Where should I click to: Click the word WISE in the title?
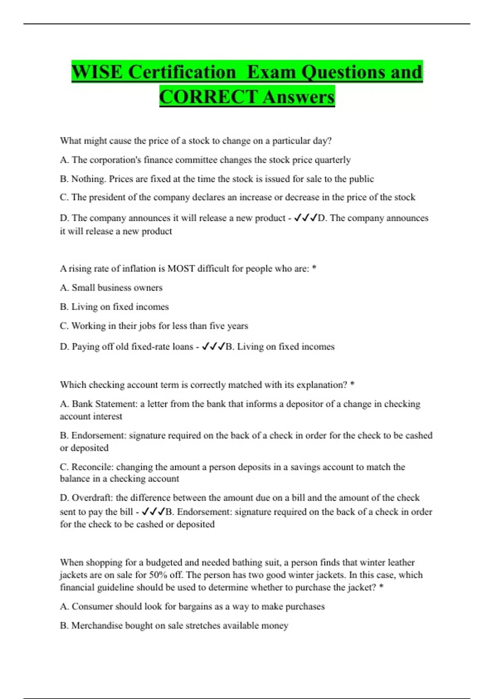point(97,72)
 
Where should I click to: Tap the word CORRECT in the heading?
point(208,97)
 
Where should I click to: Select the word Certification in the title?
point(182,72)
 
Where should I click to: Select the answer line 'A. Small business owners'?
point(111,287)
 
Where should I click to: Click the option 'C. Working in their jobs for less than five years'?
point(154,326)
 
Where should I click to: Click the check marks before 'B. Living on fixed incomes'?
point(213,346)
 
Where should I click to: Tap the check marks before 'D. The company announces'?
point(305,218)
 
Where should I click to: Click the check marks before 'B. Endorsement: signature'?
point(153,512)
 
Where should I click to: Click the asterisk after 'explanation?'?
point(352,384)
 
